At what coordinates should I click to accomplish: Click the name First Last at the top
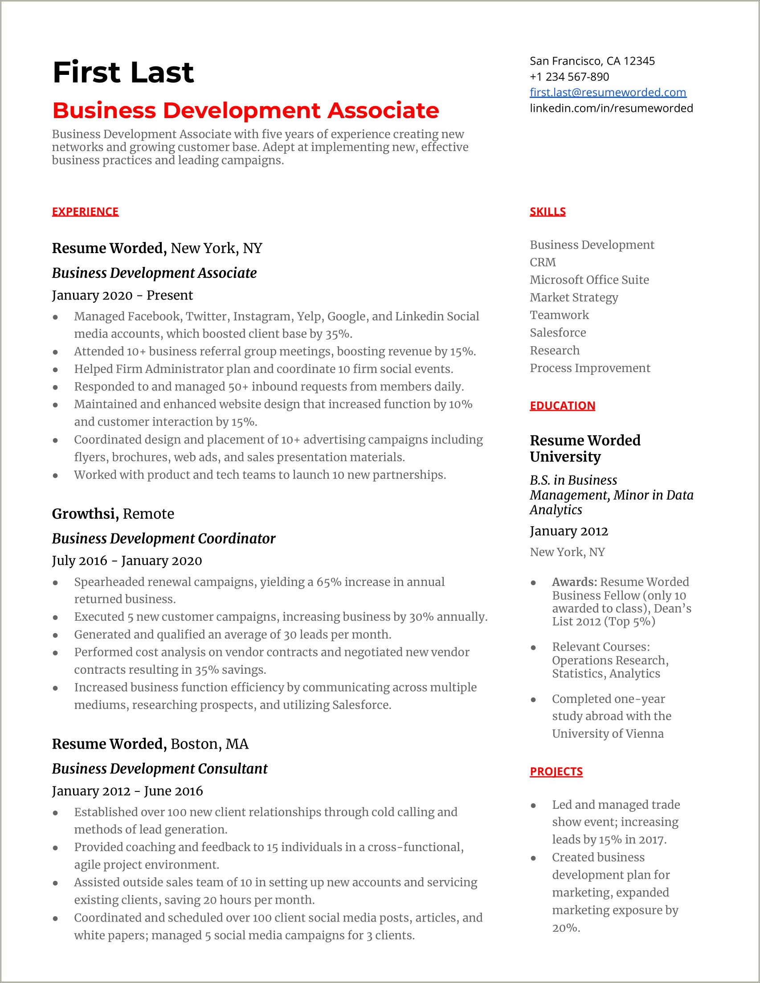123,73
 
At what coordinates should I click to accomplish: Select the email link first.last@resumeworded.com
608,92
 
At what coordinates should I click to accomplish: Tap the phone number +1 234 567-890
569,77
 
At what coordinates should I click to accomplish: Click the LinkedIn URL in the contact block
611,108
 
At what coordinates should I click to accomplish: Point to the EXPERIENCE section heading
85,212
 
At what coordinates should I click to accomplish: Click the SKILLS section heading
547,212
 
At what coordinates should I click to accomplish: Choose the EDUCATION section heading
562,405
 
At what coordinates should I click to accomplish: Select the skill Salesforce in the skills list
557,332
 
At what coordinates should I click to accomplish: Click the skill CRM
542,262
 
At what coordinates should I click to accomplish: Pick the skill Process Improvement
589,368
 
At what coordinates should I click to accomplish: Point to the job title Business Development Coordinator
163,538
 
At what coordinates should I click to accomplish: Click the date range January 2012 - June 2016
127,791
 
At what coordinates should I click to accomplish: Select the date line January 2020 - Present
122,295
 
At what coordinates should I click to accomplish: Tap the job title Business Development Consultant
159,769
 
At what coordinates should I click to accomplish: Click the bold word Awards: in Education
574,582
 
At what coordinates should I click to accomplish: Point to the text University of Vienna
608,733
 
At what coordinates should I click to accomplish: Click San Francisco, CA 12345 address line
592,61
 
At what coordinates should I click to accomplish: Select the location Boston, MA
209,744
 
